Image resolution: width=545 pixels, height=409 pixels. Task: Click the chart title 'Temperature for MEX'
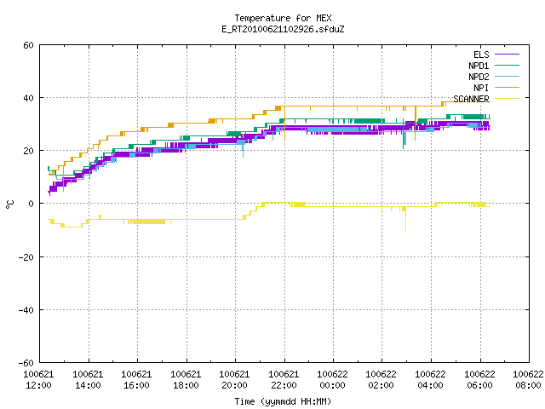click(283, 18)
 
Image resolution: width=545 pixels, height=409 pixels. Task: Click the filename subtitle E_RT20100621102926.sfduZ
click(283, 29)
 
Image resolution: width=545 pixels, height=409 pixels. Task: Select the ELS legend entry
click(496, 55)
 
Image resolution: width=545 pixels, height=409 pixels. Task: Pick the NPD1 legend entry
click(494, 66)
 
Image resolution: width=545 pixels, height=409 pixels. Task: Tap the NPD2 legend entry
click(494, 77)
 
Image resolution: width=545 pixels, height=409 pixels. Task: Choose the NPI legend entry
click(496, 88)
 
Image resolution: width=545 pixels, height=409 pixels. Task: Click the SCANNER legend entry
click(486, 99)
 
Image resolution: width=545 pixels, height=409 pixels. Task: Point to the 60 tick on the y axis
click(28, 45)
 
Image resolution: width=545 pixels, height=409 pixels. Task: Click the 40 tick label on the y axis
click(28, 98)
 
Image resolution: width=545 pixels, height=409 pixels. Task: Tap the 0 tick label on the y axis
click(31, 204)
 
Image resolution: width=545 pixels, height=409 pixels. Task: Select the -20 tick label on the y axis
click(26, 257)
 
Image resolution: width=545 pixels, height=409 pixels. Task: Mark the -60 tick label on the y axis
click(26, 363)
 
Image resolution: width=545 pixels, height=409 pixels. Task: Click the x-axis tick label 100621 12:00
click(39, 380)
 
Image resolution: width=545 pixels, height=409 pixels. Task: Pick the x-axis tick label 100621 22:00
click(284, 380)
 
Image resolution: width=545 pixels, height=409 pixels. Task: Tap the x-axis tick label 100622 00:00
click(333, 380)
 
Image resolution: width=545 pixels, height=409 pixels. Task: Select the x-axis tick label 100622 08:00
click(528, 380)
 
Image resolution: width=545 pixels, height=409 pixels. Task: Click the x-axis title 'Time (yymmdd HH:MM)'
click(283, 401)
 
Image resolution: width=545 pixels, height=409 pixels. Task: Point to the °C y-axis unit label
click(9, 204)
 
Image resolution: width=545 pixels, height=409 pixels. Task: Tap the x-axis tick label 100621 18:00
click(186, 380)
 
